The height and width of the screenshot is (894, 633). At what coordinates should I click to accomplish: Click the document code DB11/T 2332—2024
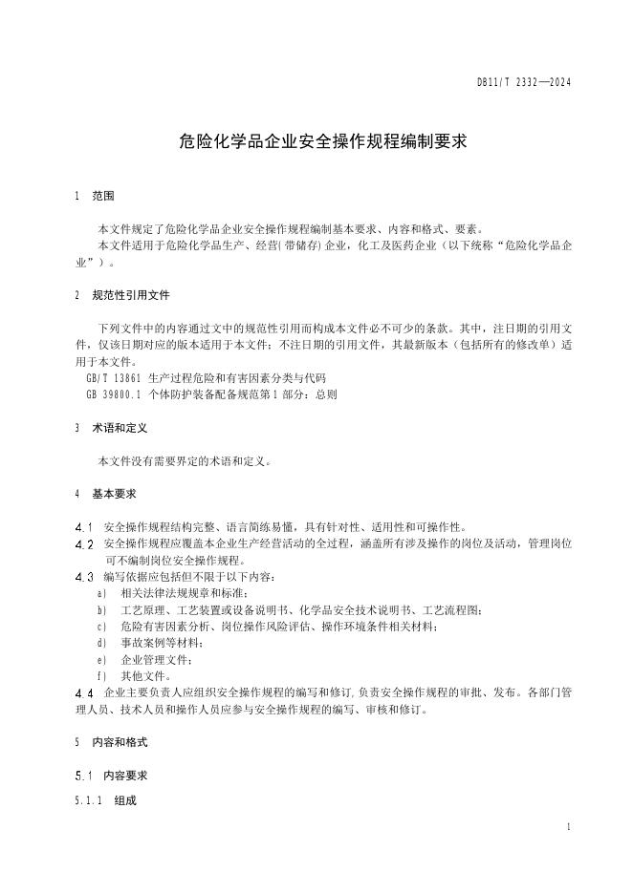(524, 83)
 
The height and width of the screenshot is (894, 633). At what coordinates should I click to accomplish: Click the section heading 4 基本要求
(105, 494)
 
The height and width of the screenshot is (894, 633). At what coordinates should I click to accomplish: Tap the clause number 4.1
(83, 527)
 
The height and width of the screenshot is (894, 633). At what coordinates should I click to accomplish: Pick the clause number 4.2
(83, 543)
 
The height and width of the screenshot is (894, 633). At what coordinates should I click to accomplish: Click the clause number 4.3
(83, 577)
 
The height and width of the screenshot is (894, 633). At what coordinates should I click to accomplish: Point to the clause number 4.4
(83, 692)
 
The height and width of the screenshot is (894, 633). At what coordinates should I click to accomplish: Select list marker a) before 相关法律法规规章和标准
(102, 593)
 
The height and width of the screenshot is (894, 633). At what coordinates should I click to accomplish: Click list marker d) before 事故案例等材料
(102, 643)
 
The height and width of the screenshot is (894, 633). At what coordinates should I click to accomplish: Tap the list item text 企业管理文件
(156, 660)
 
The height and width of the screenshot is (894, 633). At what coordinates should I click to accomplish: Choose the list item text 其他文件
(146, 676)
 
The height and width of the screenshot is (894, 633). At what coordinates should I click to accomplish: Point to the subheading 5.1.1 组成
(105, 800)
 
